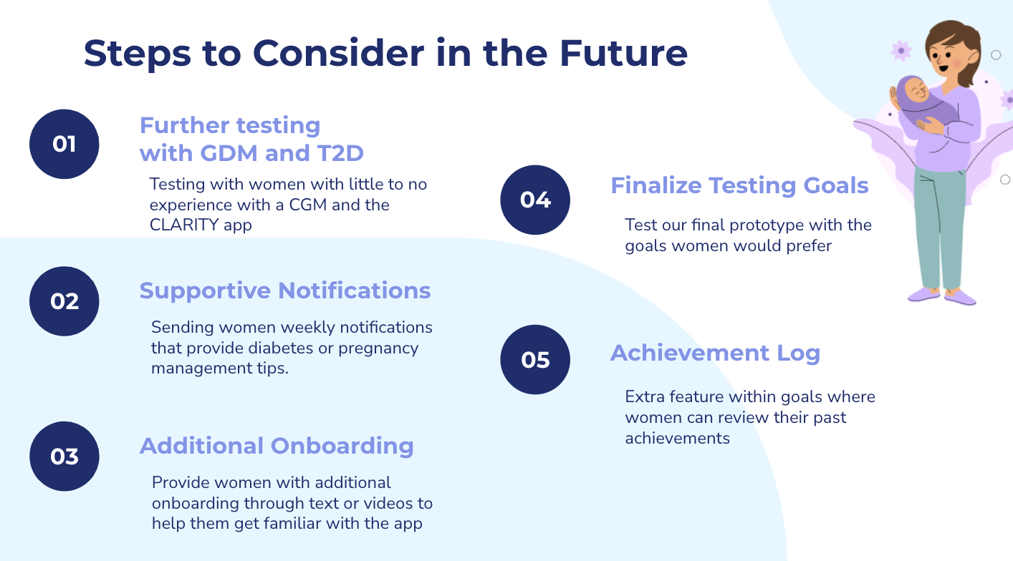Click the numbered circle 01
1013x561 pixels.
[x=64, y=144]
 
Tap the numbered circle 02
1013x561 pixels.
[x=64, y=301]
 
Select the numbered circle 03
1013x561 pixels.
[x=64, y=457]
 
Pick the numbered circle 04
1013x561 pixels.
[x=535, y=200]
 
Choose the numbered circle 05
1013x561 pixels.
[x=535, y=359]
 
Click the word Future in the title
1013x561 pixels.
[x=623, y=53]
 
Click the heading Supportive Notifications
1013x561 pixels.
[x=285, y=291]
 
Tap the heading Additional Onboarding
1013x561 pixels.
[x=277, y=447]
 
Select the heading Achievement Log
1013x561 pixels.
[x=716, y=353]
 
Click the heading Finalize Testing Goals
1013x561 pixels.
[x=739, y=185]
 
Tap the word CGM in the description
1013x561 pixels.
[x=307, y=205]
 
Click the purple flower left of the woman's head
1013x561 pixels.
[x=901, y=51]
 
